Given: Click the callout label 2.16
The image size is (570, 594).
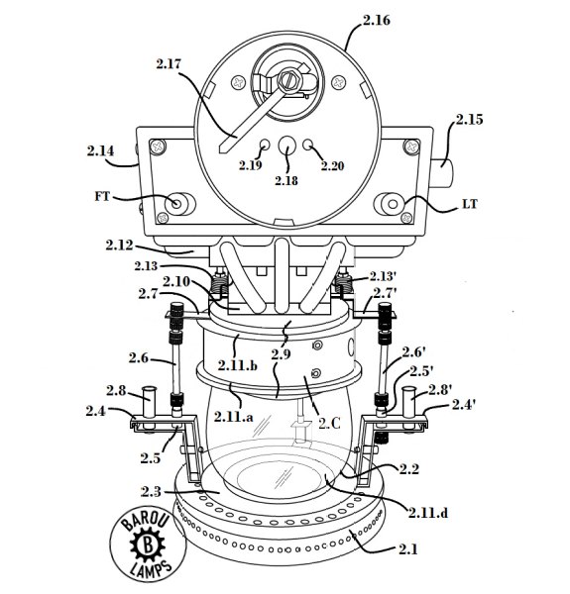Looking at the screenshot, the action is tap(377, 20).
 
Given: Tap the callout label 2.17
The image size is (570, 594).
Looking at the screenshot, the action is tap(169, 63).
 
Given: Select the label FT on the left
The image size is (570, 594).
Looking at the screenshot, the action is tap(102, 196).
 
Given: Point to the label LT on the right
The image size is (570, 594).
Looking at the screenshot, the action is tap(470, 204).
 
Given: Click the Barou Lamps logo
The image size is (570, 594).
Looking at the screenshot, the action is tap(149, 545).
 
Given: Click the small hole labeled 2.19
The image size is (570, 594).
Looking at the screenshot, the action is tap(265, 145).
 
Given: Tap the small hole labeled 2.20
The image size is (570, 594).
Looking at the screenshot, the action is tap(308, 144).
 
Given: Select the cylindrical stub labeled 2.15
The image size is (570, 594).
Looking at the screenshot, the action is tap(442, 173).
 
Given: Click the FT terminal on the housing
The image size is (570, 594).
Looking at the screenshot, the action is tap(176, 203).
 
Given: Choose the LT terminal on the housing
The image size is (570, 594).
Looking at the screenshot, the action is tap(393, 204).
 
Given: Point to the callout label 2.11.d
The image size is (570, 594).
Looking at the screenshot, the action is tap(428, 513).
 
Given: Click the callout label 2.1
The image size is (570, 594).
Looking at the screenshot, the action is tap(407, 548).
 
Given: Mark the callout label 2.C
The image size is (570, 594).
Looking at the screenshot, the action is tap(329, 423).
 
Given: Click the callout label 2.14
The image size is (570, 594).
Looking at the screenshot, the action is tap(100, 150).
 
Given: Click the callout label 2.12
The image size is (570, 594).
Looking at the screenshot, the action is tap(119, 246).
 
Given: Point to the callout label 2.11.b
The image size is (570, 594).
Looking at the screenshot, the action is tap(237, 365).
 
